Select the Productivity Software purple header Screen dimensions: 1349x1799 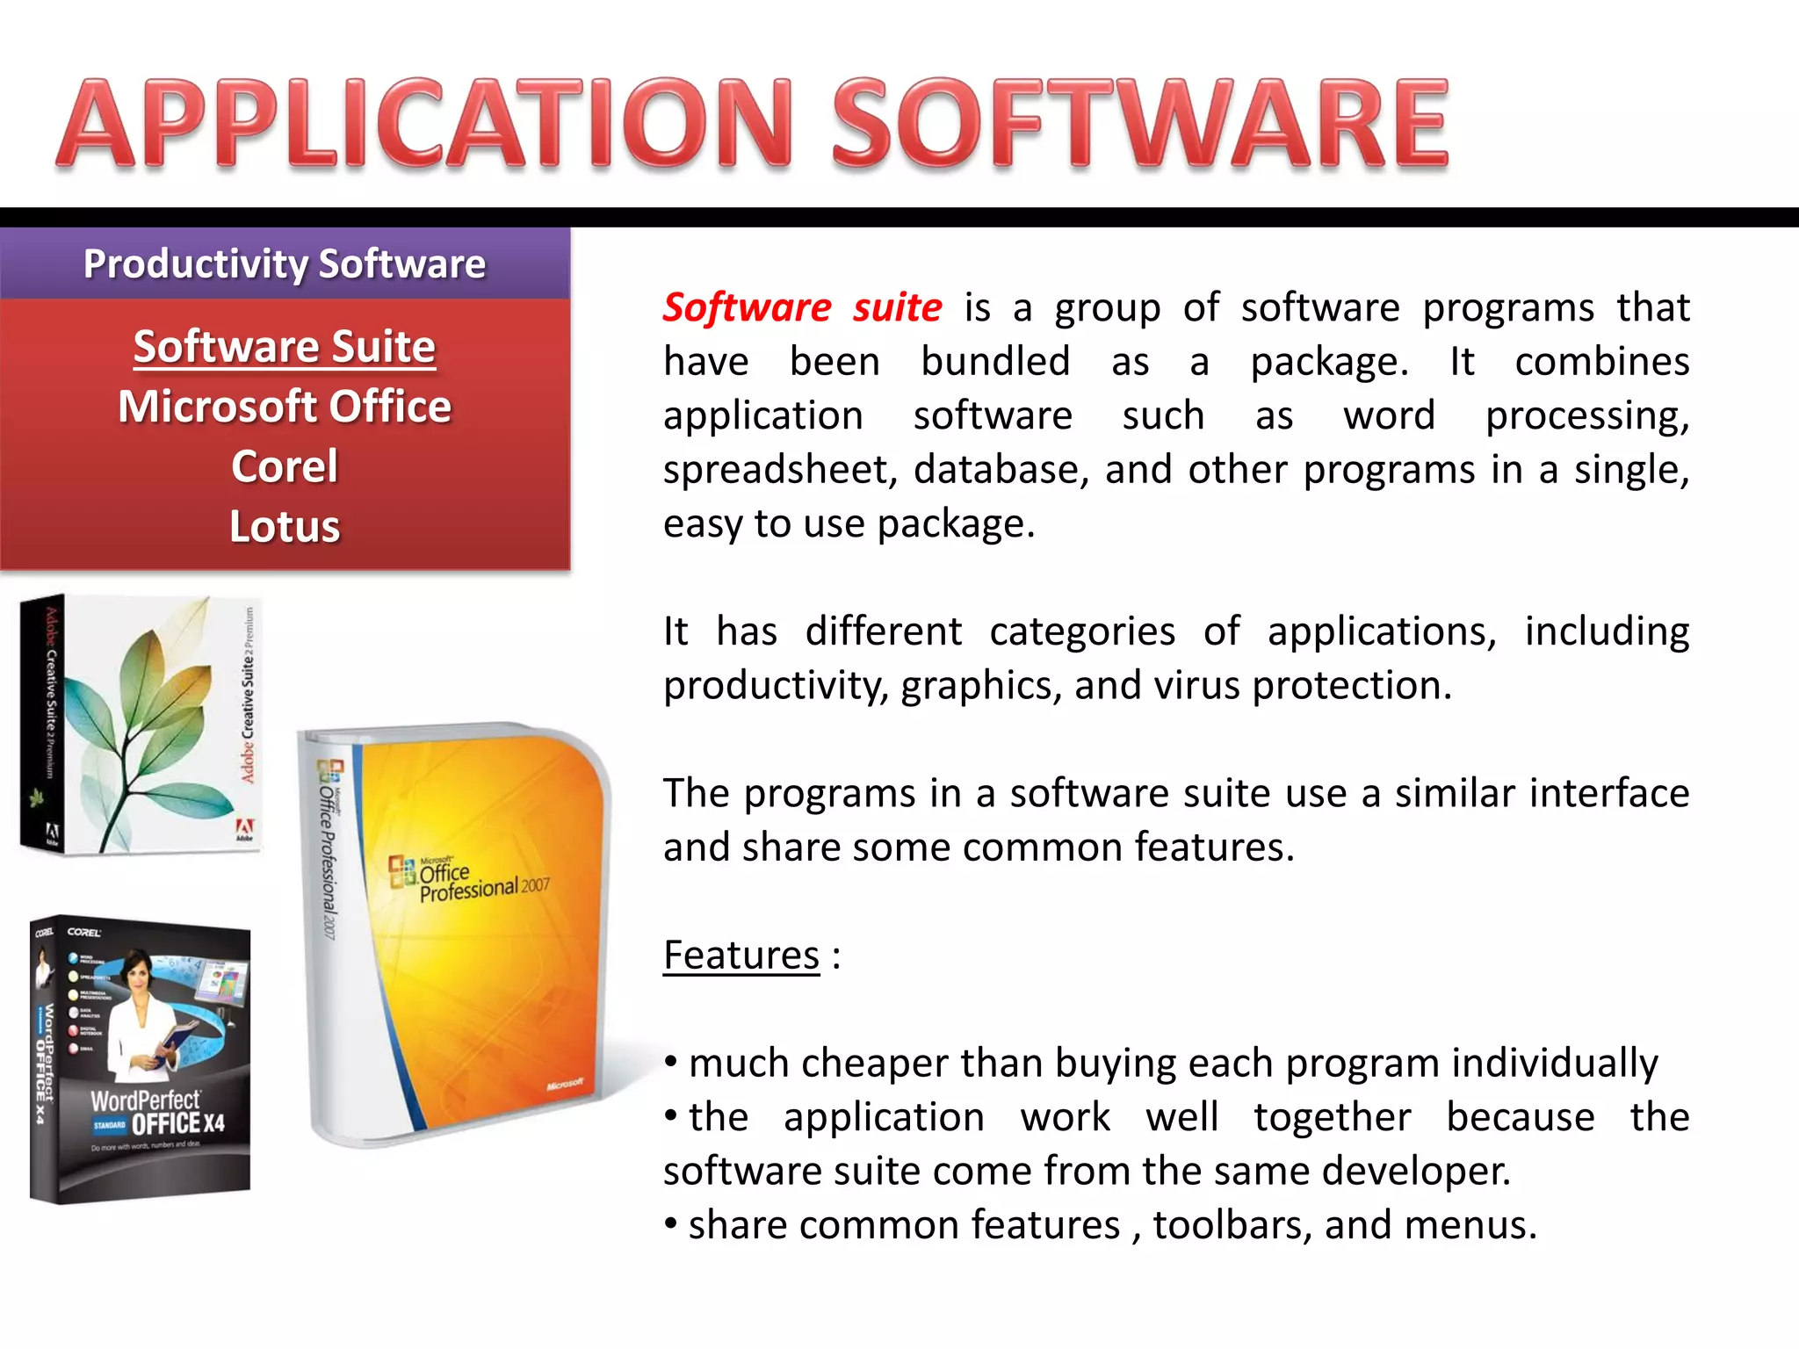pyautogui.click(x=285, y=263)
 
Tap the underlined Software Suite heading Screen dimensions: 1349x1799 pyautogui.click(x=285, y=346)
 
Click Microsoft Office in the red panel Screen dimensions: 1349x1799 pyautogui.click(x=285, y=407)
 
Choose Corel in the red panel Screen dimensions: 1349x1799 pyautogui.click(x=285, y=466)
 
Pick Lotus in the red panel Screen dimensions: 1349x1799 pyautogui.click(x=285, y=526)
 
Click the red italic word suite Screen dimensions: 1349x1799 pyautogui.click(x=897, y=307)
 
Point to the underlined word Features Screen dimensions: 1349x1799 pyautogui.click(x=741, y=956)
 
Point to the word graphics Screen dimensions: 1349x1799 pyautogui.click(x=978, y=686)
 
